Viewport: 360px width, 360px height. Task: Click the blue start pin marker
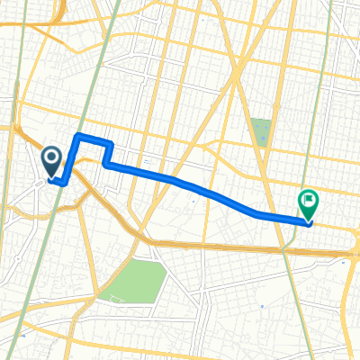click(52, 163)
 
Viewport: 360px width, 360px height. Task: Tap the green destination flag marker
click(308, 203)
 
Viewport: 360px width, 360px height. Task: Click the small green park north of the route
click(260, 132)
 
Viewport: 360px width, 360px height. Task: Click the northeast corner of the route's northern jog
click(110, 144)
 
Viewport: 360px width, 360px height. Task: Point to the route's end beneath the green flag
click(308, 221)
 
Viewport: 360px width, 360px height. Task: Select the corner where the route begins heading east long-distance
click(107, 166)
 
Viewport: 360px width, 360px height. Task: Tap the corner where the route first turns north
click(68, 180)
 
